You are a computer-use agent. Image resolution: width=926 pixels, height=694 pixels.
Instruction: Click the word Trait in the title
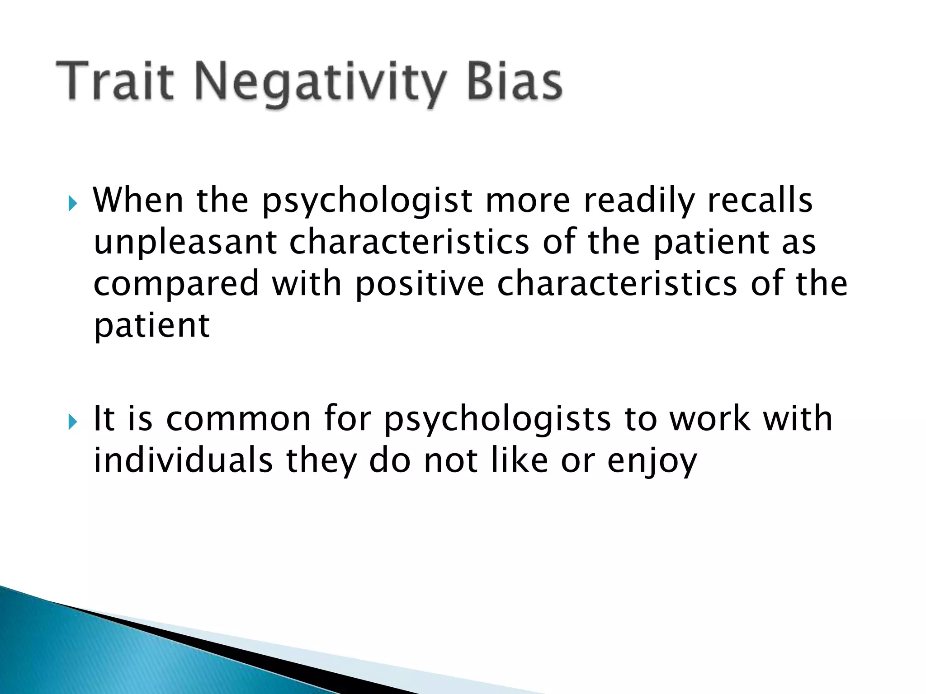115,82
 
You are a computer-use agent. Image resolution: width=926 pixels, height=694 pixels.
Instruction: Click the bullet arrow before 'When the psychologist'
73,204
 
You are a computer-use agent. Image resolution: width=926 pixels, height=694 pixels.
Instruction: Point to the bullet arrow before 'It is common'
73,422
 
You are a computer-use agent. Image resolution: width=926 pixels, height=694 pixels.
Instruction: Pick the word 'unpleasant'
185,243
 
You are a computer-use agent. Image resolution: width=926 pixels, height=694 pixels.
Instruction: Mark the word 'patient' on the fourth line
151,326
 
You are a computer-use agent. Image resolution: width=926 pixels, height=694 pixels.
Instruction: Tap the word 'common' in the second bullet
238,419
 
